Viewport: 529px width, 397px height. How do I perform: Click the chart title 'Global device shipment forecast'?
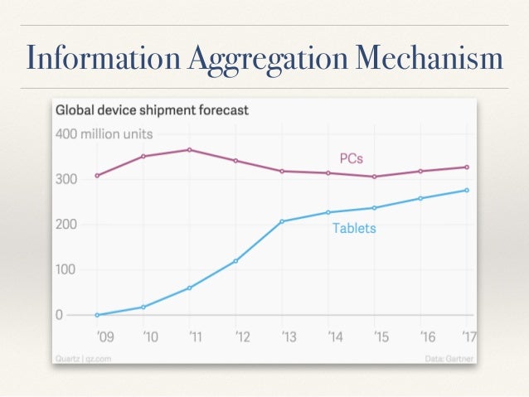coord(152,109)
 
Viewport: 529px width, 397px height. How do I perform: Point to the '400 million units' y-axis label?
coord(104,133)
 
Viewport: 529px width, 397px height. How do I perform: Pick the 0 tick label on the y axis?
coord(60,315)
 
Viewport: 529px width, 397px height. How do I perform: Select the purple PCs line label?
coord(352,157)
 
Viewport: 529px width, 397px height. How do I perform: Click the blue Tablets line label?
coord(354,228)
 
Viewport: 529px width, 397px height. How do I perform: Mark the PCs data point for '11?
coord(190,150)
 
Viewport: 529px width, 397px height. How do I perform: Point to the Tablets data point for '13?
coord(283,221)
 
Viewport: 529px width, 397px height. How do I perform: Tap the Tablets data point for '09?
coord(97,315)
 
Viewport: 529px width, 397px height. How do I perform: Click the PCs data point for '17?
coord(467,167)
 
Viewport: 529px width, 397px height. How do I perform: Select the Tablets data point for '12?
coord(236,261)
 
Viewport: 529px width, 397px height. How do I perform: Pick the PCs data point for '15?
coord(375,177)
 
